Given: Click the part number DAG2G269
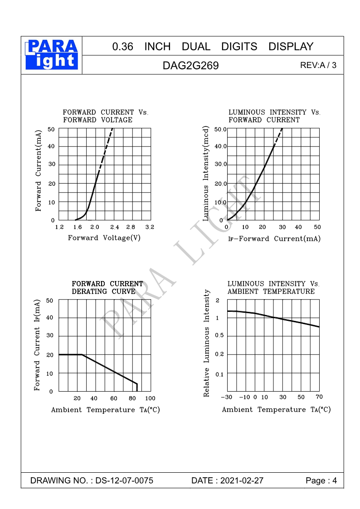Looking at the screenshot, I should (190, 66).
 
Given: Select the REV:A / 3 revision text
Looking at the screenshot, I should (318, 65).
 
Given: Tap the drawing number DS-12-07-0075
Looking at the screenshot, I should (124, 480).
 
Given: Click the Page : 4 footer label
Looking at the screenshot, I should (321, 480).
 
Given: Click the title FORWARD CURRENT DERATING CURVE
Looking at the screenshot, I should (107, 287).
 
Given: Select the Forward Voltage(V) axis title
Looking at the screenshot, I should (104, 238).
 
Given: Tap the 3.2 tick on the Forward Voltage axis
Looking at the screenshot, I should (150, 227).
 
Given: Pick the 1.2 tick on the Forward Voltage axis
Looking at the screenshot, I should (59, 227).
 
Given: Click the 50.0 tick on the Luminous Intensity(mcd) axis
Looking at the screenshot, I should (220, 129).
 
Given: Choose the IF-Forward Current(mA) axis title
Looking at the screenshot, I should (274, 239).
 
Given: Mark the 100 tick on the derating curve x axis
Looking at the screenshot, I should (150, 398).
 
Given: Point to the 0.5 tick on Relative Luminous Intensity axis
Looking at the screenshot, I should (219, 335).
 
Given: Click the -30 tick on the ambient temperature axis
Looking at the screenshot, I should (226, 398).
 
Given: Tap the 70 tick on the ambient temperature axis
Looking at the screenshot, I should (319, 397).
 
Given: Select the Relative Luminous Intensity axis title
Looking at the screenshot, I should (207, 343).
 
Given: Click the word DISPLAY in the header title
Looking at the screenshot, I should (291, 46).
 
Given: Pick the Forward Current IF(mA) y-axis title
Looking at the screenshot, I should (38, 345).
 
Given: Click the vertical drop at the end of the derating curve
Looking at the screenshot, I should (137, 387).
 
